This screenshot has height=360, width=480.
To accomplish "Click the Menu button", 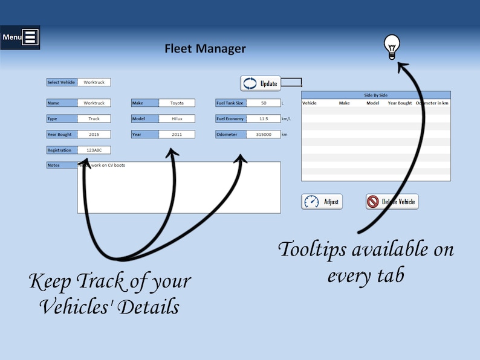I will pos(20,37).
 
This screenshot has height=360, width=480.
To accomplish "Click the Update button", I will pos(260,83).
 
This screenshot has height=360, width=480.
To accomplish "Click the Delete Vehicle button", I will pos(392,202).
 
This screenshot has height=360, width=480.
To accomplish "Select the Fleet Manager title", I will pos(205,49).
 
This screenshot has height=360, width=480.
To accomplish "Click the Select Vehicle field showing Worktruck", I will pos(94,82).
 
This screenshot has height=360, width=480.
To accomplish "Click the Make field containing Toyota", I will pos(177,103).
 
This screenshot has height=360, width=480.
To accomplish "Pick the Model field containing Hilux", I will pos(177,119).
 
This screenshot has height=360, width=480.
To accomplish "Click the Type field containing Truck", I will pos(94,119).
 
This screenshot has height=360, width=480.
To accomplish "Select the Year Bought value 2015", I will pos(94,135).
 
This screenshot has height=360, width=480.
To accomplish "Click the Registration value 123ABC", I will pos(94,150).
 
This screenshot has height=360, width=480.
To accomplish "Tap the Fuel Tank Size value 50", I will pos(263,103).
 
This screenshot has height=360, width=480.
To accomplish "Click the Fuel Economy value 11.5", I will pos(263,119).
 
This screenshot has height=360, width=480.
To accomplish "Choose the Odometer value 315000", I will pos(263,135).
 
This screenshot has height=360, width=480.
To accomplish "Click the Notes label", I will pos(62,165).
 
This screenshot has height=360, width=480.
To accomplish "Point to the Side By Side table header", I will pos(375,95).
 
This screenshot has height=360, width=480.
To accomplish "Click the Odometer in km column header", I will pos(432,103).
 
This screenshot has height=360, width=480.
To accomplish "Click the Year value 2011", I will pos(177,135).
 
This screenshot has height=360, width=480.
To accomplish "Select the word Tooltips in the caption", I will pos(314,249).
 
